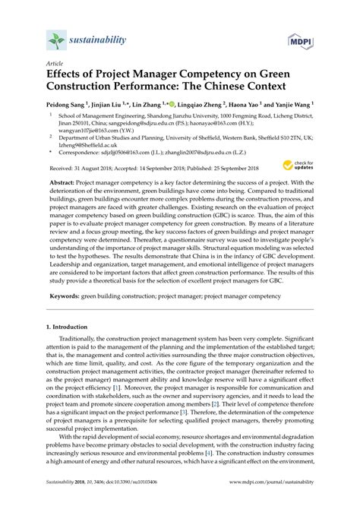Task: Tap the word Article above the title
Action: coord(54,65)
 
